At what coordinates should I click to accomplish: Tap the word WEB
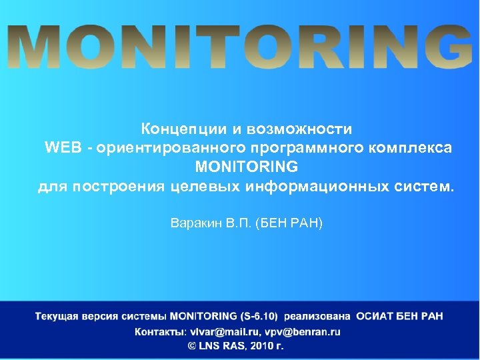pos(62,147)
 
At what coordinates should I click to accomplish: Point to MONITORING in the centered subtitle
pos(246,165)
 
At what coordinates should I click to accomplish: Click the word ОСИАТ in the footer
pos(375,315)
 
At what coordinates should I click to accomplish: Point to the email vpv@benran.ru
pos(302,331)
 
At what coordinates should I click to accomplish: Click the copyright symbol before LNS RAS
pos(192,346)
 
